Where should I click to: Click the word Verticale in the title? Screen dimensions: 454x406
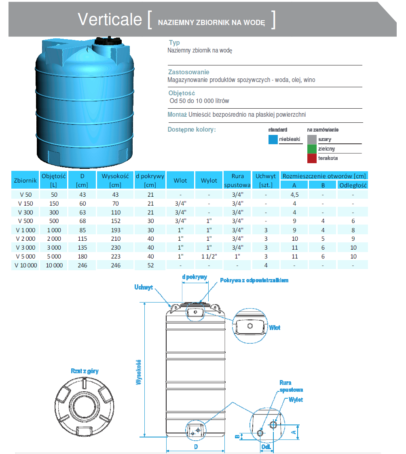coord(110,19)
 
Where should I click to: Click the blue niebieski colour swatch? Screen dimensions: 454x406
coord(273,139)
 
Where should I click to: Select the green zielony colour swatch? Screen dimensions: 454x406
coord(312,149)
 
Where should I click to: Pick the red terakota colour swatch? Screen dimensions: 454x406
coord(312,158)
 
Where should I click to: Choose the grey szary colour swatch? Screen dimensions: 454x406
coord(312,139)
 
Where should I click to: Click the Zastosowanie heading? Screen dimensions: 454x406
coord(188,72)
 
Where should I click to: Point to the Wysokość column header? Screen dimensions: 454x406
coord(115,176)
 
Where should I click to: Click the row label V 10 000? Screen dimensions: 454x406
coord(25,265)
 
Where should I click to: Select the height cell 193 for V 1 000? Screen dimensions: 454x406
coord(115,230)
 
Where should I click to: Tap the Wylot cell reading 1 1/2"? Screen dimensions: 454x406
coord(209,256)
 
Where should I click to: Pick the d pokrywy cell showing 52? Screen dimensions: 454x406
coord(150,265)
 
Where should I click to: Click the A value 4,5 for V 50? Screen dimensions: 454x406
coord(294,194)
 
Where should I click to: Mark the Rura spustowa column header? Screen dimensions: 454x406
coord(237,181)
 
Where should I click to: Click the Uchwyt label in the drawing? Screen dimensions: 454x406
coord(144,288)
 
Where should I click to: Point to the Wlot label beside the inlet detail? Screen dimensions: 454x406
coord(275,328)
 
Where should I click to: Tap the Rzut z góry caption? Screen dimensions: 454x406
coord(85,371)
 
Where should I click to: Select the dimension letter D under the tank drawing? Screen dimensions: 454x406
coord(196,447)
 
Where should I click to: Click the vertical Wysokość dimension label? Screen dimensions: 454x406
coord(139,372)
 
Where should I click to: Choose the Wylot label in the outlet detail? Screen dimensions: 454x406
coord(296,399)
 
